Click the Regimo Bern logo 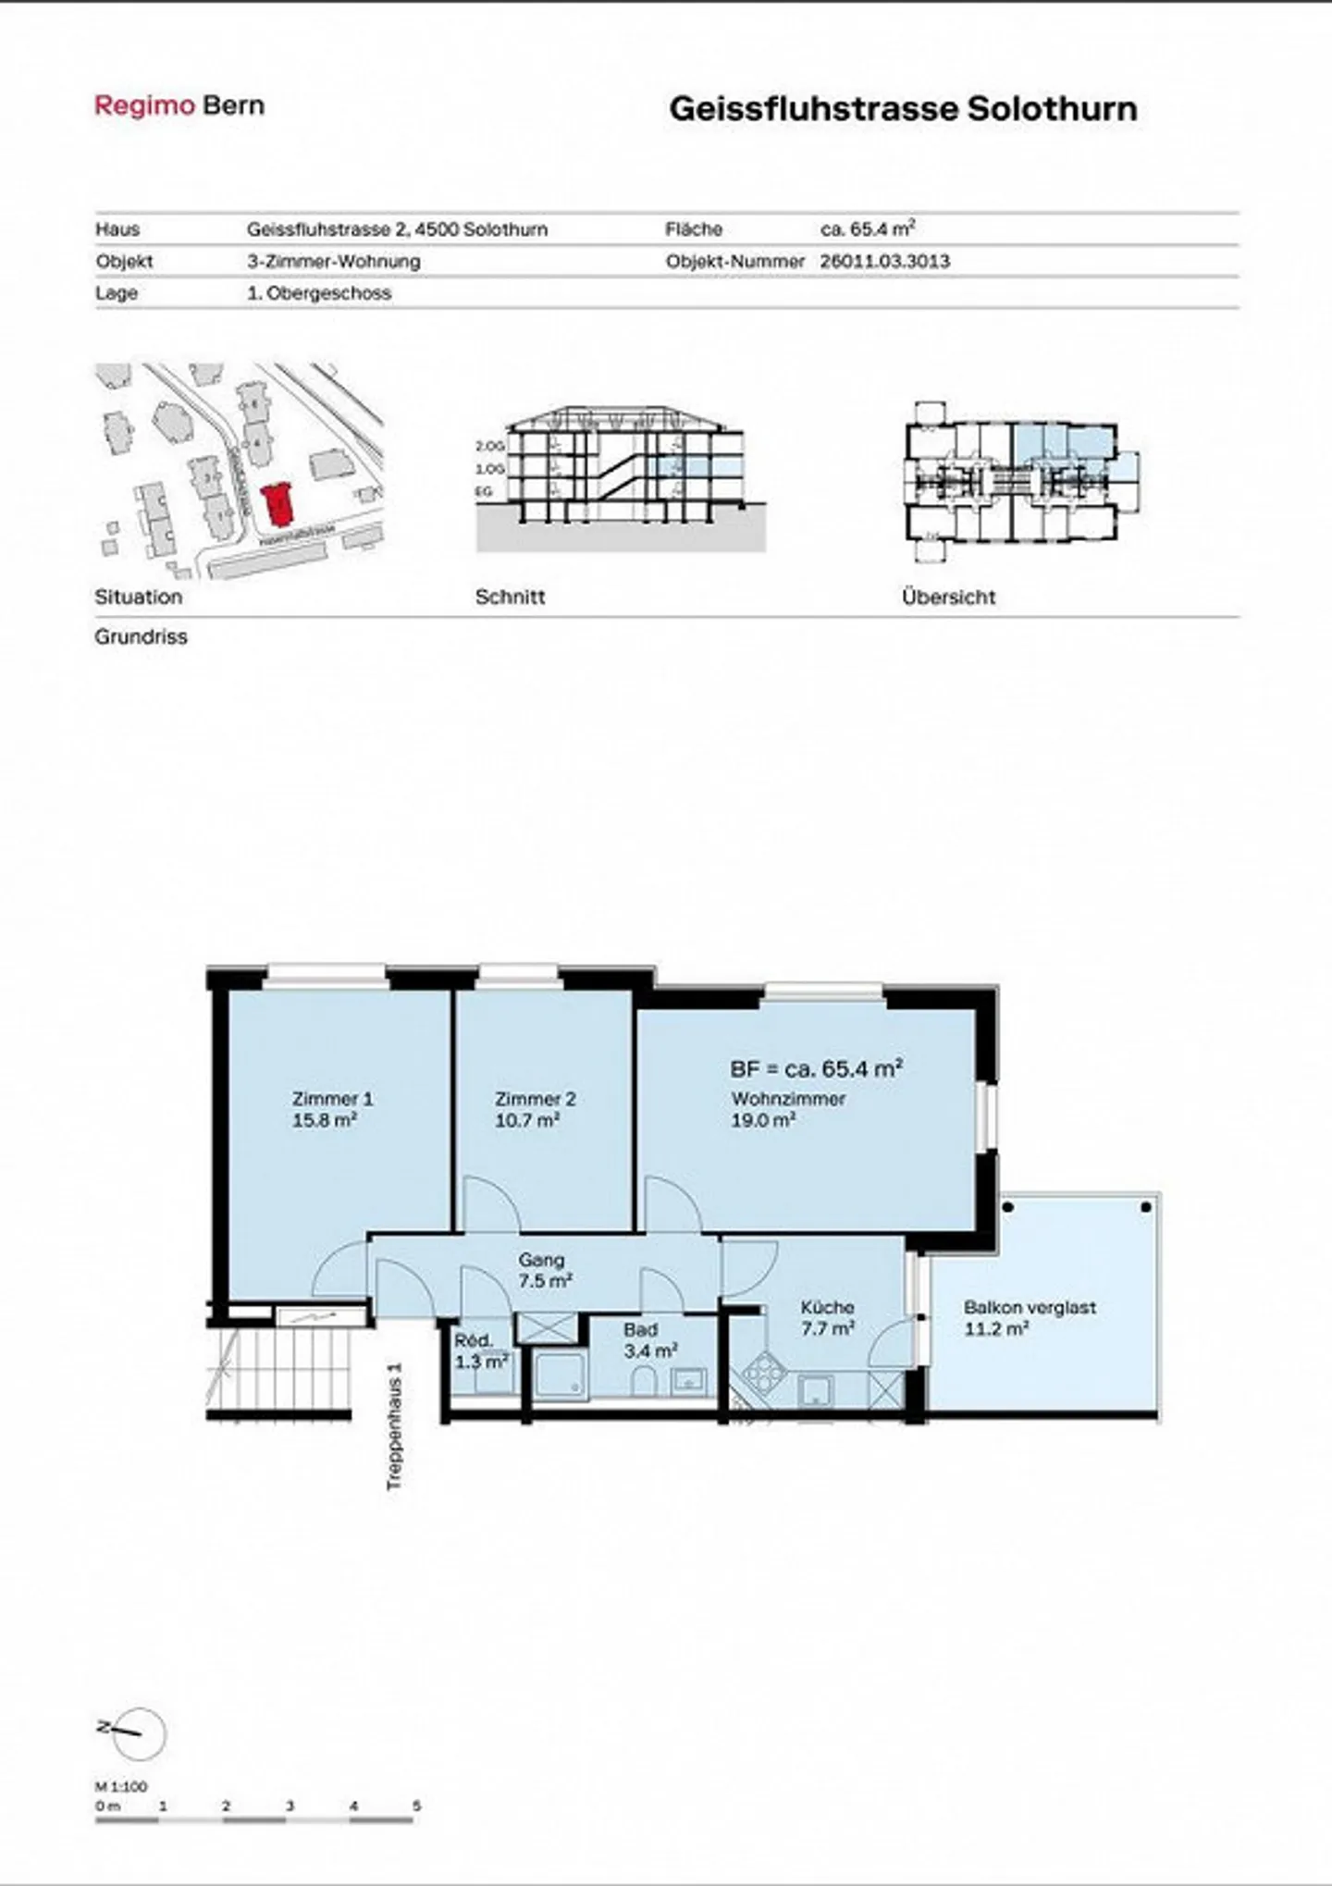click(179, 105)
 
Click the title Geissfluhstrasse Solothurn click(903, 109)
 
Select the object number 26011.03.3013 click(884, 261)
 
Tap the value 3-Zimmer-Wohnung click(333, 261)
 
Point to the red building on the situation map click(277, 503)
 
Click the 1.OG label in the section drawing click(489, 469)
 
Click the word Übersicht click(948, 597)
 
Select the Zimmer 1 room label click(332, 1099)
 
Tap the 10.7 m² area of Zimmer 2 click(527, 1120)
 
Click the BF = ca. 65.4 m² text click(816, 1068)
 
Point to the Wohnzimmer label click(788, 1099)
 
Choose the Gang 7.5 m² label click(543, 1270)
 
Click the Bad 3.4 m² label click(648, 1340)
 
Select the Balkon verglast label click(1030, 1307)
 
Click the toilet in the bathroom click(644, 1382)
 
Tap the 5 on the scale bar click(416, 1806)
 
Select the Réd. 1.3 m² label click(480, 1350)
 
